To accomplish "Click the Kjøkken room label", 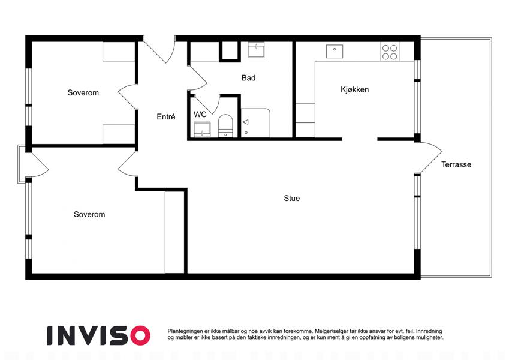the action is pos(354,89).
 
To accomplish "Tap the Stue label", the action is pos(291,198).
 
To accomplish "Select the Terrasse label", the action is pos(456,164).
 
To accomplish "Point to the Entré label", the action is pos(166,116).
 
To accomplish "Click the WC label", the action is pos(200,115).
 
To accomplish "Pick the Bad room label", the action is pos(248,77).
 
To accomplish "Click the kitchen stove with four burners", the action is pos(390,52).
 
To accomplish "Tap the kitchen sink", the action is pos(335,52).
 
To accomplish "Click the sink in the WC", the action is pos(202,130).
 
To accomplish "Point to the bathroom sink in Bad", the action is pos(256,50).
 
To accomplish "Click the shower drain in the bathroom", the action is pos(246,133).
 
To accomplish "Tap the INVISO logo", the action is pos(98,335).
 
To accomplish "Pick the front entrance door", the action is pos(159,49).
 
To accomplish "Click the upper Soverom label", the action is pos(83,92).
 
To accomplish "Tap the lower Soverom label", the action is pos(89,214).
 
